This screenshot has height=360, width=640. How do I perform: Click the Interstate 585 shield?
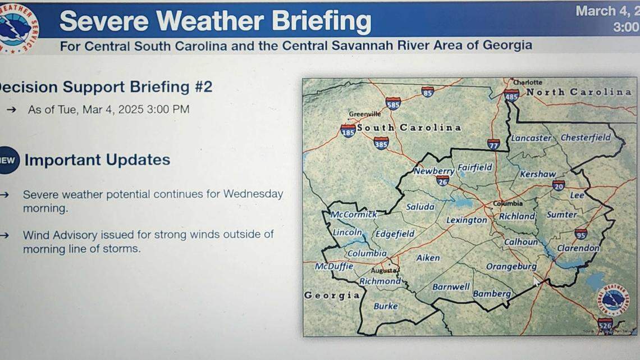pyautogui.click(x=393, y=103)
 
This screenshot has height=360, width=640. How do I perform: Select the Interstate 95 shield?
pyautogui.click(x=580, y=234)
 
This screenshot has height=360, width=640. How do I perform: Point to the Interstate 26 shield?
pyautogui.click(x=442, y=181)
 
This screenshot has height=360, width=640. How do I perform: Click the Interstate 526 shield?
pyautogui.click(x=605, y=325)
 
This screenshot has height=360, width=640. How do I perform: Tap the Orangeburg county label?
pyautogui.click(x=511, y=267)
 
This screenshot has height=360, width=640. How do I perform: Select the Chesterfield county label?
pyautogui.click(x=586, y=138)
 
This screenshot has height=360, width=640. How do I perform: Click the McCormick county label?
pyautogui.click(x=354, y=215)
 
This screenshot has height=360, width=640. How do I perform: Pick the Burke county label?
pyautogui.click(x=386, y=306)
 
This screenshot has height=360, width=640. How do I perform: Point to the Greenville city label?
pyautogui.click(x=364, y=114)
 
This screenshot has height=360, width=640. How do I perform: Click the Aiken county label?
pyautogui.click(x=428, y=258)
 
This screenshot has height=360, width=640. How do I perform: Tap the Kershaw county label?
pyautogui.click(x=537, y=174)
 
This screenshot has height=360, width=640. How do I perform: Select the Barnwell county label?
pyautogui.click(x=451, y=287)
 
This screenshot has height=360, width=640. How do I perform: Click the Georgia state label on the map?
pyautogui.click(x=332, y=295)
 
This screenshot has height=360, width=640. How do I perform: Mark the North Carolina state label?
pyautogui.click(x=578, y=92)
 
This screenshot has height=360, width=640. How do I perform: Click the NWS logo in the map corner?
pyautogui.click(x=612, y=300)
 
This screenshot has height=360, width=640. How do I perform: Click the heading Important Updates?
pyautogui.click(x=97, y=160)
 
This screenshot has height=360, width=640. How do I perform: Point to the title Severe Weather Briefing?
pyautogui.click(x=215, y=21)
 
